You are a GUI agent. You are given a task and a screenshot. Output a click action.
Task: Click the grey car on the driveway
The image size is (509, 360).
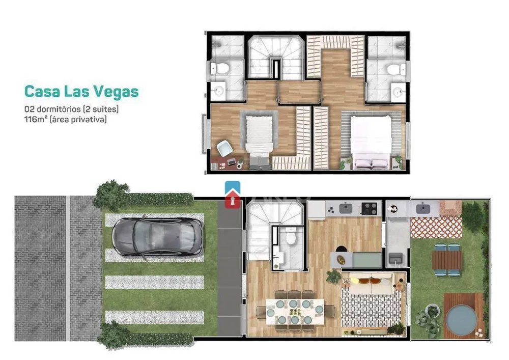click(x=158, y=238)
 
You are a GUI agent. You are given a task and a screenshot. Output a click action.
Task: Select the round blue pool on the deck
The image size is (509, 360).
click(x=461, y=320)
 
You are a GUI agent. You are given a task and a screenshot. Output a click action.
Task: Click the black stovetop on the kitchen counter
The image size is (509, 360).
click(x=370, y=208)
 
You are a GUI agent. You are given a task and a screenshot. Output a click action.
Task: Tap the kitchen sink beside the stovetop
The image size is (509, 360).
click(x=346, y=208)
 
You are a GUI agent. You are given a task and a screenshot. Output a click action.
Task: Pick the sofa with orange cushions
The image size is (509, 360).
click(x=371, y=283)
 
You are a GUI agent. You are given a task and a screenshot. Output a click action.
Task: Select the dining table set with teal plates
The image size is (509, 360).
click(x=295, y=312)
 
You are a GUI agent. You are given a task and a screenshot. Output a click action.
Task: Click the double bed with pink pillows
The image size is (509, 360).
click(x=371, y=142)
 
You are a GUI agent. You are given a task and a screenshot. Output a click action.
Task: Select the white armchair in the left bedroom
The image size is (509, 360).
click(x=224, y=148)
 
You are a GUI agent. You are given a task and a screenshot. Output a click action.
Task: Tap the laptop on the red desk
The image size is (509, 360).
click(x=232, y=161)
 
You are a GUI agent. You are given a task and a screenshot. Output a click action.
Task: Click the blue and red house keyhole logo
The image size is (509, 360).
click(x=233, y=195)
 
